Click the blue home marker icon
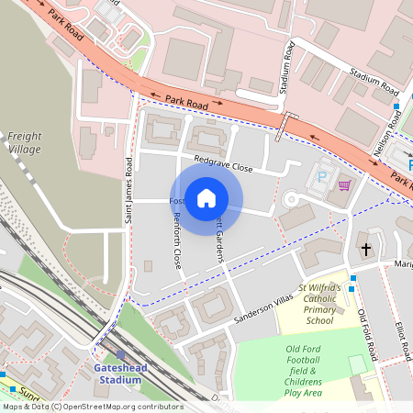[206, 198]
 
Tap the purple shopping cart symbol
[344, 184]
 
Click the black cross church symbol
[365, 249]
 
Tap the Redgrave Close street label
[223, 168]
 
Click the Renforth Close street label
[177, 233]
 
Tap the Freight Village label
[25, 142]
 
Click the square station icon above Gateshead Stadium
[120, 355]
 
